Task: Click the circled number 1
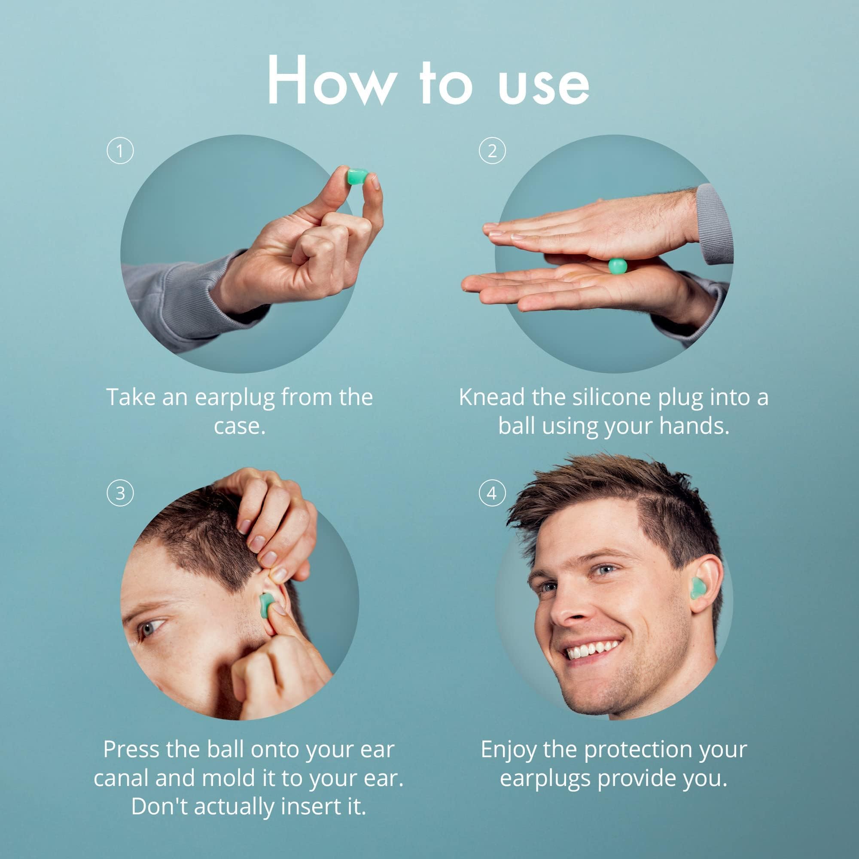[x=120, y=151]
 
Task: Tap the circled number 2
[x=492, y=151]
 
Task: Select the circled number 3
[x=120, y=493]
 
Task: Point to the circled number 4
[x=492, y=493]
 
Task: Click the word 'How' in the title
[x=331, y=81]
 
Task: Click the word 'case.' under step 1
[x=240, y=426]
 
